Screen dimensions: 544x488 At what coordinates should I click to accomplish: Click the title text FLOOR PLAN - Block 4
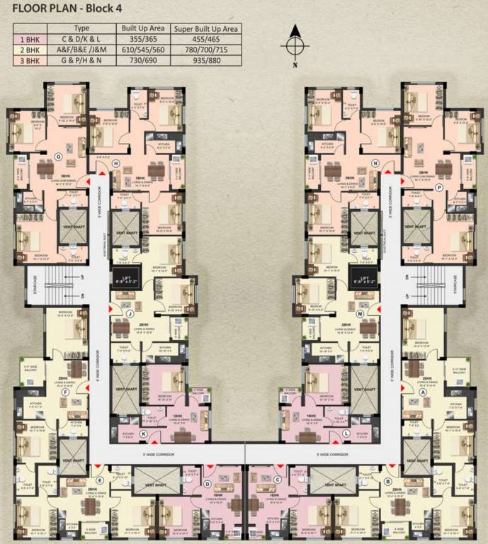pos(63,10)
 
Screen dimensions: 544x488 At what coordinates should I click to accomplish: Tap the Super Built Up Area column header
pos(206,28)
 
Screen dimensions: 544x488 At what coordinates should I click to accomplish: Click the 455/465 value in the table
pos(206,40)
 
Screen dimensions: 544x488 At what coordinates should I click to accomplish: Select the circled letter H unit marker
pos(115,164)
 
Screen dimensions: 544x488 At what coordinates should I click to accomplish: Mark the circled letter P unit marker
pos(439,187)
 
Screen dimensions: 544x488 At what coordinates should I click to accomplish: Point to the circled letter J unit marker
pos(130,313)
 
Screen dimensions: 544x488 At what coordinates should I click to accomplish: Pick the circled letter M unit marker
pos(360,313)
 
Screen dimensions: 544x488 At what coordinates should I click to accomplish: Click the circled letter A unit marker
pos(424,391)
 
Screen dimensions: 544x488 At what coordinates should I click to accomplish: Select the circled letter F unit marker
pos(65,391)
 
